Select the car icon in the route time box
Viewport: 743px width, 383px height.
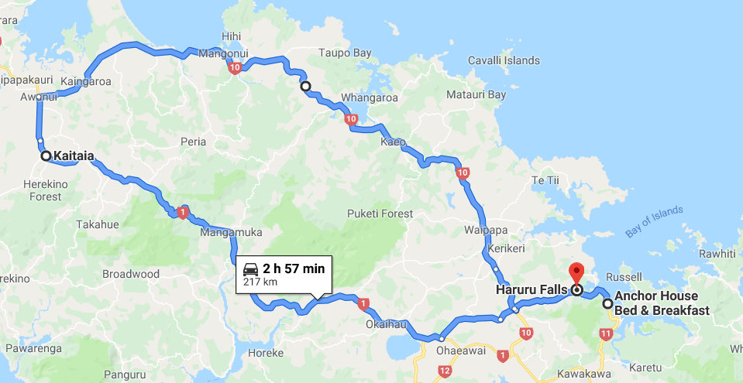(251, 268)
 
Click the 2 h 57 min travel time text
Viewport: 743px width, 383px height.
(293, 268)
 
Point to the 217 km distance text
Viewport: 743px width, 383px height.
(260, 282)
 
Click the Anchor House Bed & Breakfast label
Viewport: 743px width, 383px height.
(662, 303)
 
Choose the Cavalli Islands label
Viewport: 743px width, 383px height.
(504, 60)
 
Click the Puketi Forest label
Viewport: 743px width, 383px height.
(380, 214)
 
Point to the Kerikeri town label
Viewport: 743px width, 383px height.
(507, 249)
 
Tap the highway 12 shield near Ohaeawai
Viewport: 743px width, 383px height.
(444, 372)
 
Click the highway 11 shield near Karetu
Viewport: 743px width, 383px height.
(605, 333)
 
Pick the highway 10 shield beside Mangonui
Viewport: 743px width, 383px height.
(235, 69)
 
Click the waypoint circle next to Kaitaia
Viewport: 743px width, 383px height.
(46, 156)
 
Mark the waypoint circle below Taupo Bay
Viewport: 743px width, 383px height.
(305, 87)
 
